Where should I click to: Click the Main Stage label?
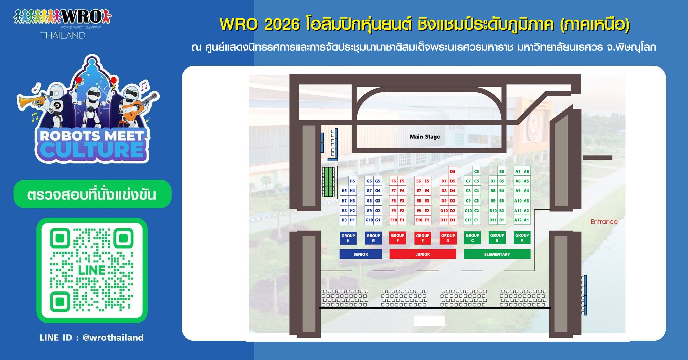click(425, 137)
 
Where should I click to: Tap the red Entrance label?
click(604, 222)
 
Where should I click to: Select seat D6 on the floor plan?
click(453, 171)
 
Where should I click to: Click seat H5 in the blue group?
click(352, 181)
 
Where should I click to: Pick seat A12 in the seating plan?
click(518, 220)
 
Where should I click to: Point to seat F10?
click(393, 220)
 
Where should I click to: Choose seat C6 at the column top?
click(476, 171)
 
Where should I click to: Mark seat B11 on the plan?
click(493, 220)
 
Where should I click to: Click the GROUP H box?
click(348, 238)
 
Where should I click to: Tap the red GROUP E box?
click(423, 238)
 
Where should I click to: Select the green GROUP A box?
click(522, 238)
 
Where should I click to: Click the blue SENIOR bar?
click(360, 254)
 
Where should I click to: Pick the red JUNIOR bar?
click(423, 254)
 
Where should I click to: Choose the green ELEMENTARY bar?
click(497, 254)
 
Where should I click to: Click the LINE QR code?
click(92, 270)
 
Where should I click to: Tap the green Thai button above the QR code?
click(92, 194)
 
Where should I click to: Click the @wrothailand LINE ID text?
click(113, 337)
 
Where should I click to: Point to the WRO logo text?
click(83, 16)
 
